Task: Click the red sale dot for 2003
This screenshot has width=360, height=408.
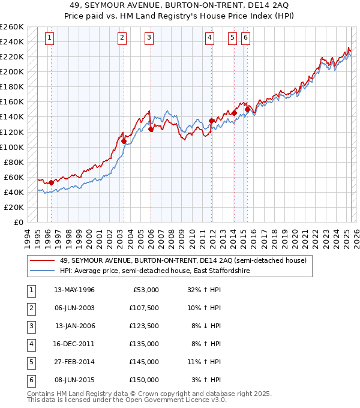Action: pyautogui.click(x=124, y=141)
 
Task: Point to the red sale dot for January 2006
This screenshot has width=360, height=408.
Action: pyautogui.click(x=151, y=129)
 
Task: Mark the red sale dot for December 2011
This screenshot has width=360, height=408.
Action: pyautogui.click(x=212, y=121)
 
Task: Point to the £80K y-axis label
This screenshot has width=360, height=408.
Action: pyautogui.click(x=14, y=162)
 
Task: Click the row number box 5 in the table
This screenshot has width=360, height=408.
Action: pyautogui.click(x=31, y=362)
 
